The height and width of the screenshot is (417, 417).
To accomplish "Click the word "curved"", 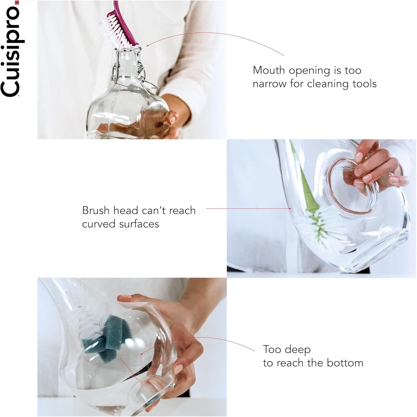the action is click(x=99, y=224).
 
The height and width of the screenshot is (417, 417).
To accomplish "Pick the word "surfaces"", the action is click(x=140, y=224).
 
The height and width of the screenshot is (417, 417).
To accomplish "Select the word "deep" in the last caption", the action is click(x=298, y=349).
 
